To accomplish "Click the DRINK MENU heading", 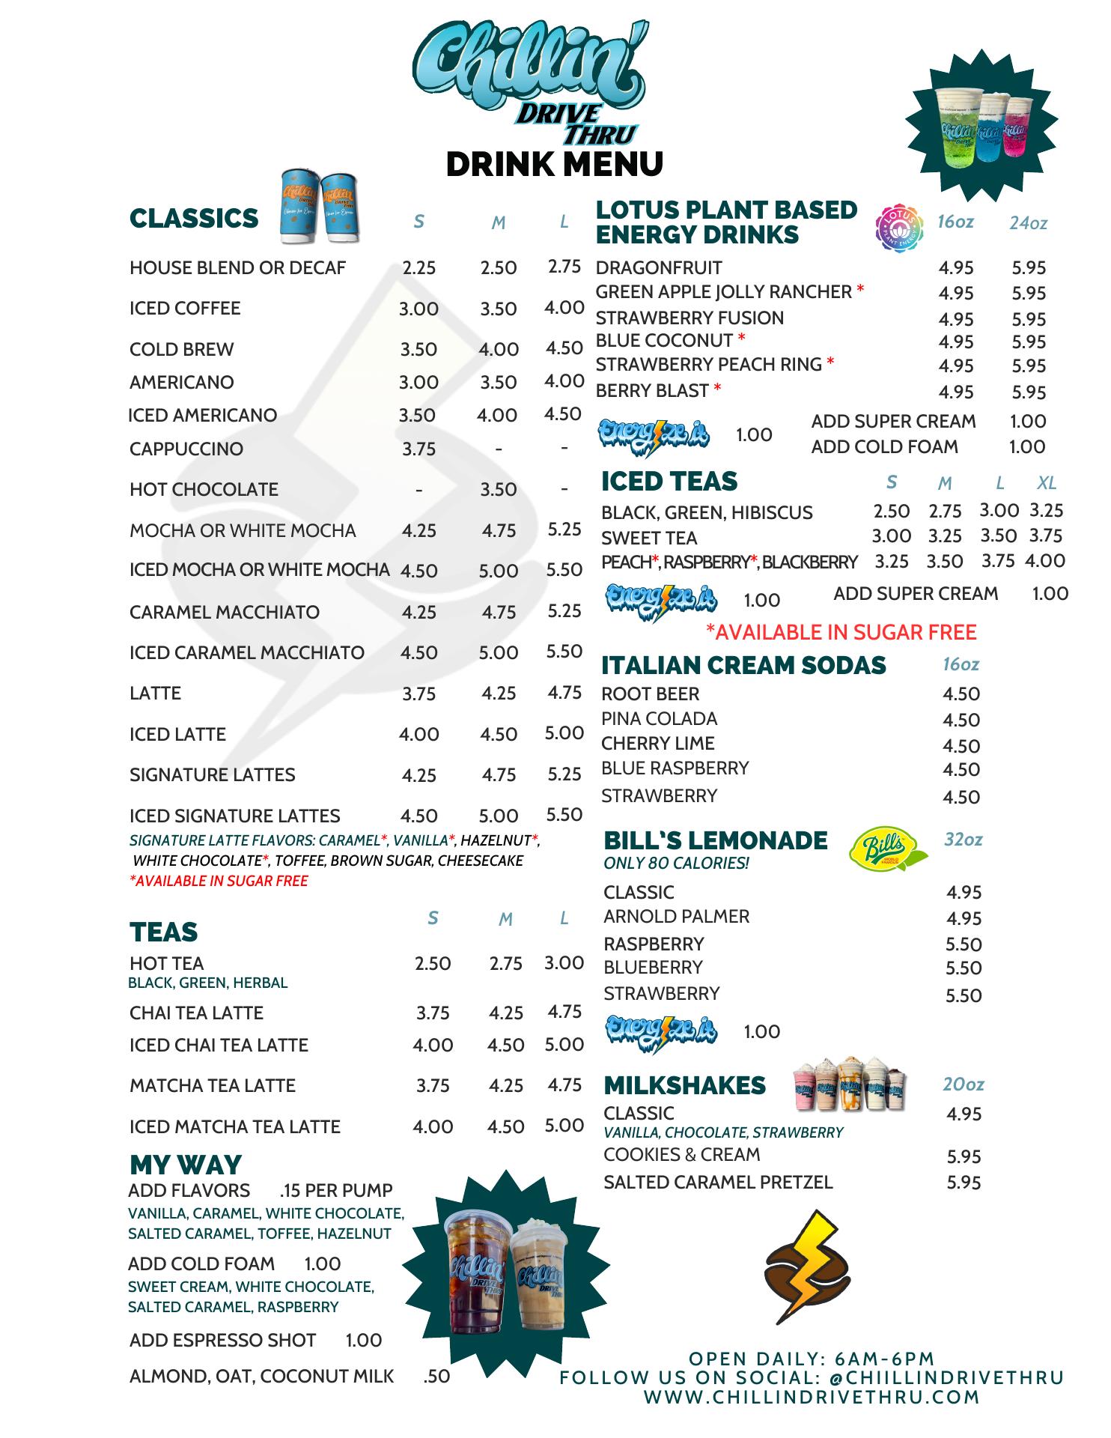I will click(x=554, y=164).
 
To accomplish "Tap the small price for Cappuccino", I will click(x=418, y=449).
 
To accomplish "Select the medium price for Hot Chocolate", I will click(x=499, y=489).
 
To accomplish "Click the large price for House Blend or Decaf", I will click(x=564, y=267).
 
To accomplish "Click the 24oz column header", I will click(x=1028, y=223).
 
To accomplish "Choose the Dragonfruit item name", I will click(x=659, y=268).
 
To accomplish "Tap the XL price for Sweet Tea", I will click(x=1046, y=536).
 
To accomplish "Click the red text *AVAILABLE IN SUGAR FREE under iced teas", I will click(x=841, y=632).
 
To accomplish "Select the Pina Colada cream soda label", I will click(x=659, y=719).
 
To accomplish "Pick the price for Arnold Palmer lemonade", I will click(x=964, y=918).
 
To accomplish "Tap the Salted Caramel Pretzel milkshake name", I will click(x=718, y=1182).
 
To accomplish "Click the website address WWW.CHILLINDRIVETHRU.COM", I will click(x=812, y=1397).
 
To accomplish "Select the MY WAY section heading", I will click(x=186, y=1165).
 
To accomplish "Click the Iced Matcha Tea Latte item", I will click(x=235, y=1126).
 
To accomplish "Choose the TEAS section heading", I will click(x=163, y=932).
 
